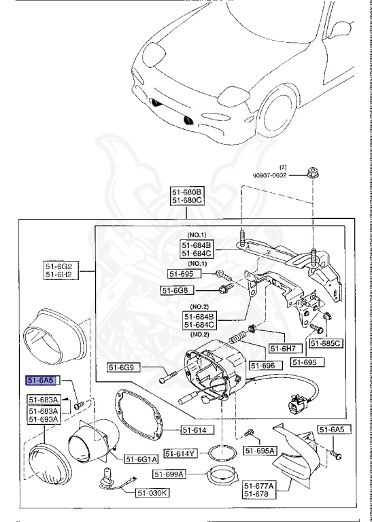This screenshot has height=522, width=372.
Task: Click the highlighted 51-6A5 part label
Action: click(x=41, y=381)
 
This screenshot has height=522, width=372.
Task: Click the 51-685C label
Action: click(x=326, y=343)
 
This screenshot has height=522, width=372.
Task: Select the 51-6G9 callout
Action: click(x=123, y=368)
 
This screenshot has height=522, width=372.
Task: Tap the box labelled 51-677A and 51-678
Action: click(x=258, y=490)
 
